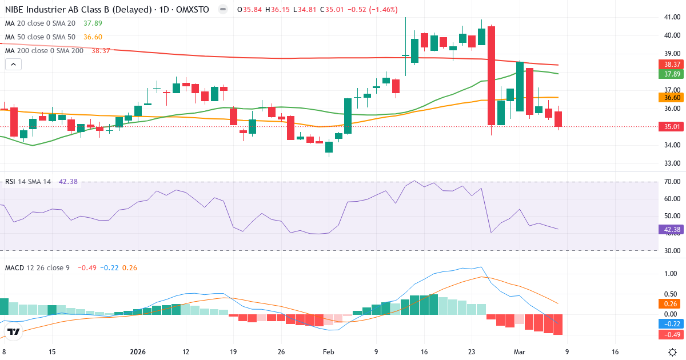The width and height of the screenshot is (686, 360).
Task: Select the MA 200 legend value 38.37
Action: point(101,51)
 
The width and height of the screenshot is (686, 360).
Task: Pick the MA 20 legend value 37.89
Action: point(93,23)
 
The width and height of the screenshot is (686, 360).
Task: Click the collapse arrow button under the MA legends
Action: point(13,65)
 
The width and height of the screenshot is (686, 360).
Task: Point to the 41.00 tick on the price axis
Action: point(672,17)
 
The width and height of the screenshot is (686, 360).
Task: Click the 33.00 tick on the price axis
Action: point(672,163)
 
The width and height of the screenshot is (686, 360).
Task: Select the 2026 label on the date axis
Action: point(138,352)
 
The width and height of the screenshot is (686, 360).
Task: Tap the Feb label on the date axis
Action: point(328,352)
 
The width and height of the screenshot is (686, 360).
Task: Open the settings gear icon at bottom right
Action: point(672,352)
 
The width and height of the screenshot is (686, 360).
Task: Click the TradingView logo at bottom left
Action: point(13,331)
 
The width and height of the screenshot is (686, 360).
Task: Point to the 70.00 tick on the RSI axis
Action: point(672,182)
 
